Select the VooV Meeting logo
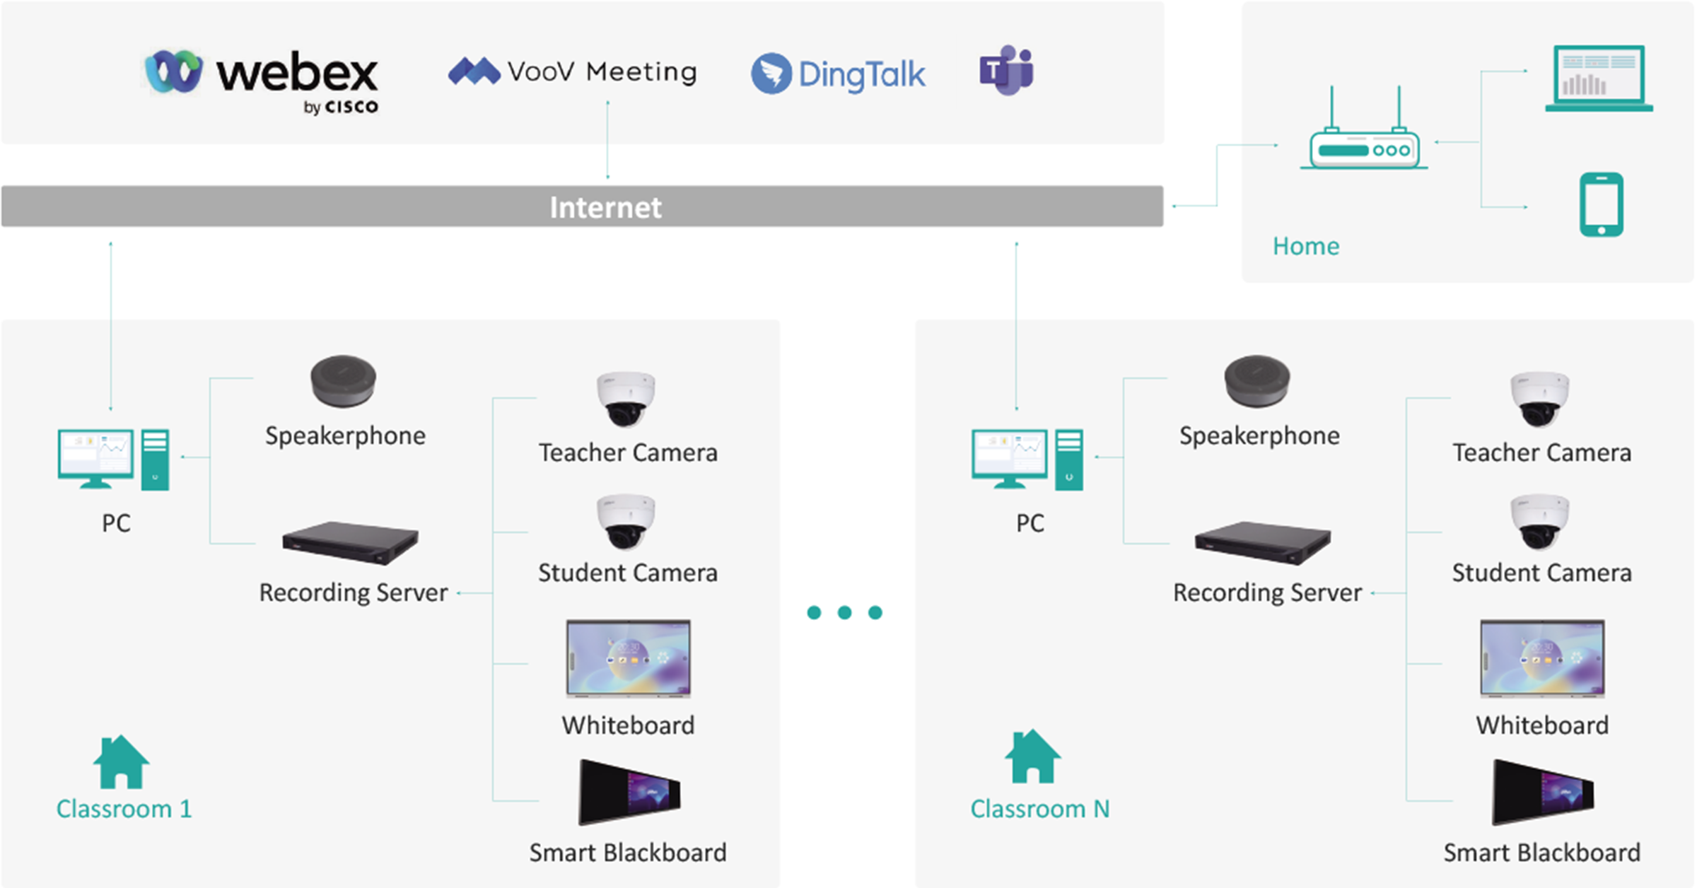[x=573, y=71]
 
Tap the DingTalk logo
[x=839, y=74]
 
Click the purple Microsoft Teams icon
[x=1006, y=70]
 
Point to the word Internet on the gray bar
[x=605, y=207]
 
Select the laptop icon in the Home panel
[x=1599, y=79]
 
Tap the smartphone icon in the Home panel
[x=1601, y=204]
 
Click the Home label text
[x=1306, y=246]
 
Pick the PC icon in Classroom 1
[x=113, y=459]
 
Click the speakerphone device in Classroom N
[x=1257, y=381]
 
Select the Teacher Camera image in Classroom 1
[x=626, y=399]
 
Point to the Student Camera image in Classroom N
[x=1540, y=522]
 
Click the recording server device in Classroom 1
[x=350, y=543]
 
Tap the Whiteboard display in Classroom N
[x=1542, y=659]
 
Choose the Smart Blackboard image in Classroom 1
[x=629, y=793]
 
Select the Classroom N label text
[x=1039, y=809]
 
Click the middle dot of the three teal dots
[x=844, y=612]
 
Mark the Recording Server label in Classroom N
[x=1267, y=592]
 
